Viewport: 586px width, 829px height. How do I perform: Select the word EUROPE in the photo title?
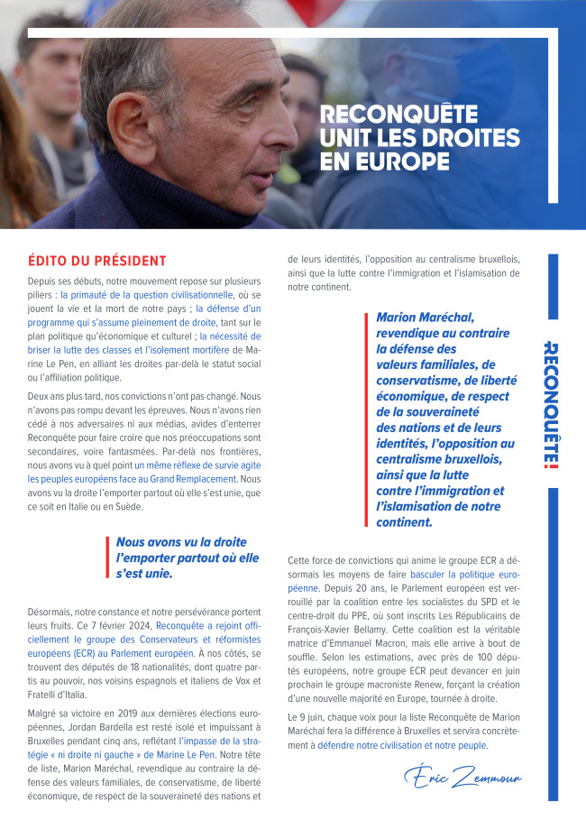(387, 162)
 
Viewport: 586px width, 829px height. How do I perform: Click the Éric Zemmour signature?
(462, 776)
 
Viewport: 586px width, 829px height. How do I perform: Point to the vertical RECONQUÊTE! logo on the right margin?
(552, 404)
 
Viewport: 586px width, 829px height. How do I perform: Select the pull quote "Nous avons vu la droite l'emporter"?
(188, 557)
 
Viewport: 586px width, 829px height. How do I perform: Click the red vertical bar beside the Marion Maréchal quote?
(367, 420)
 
